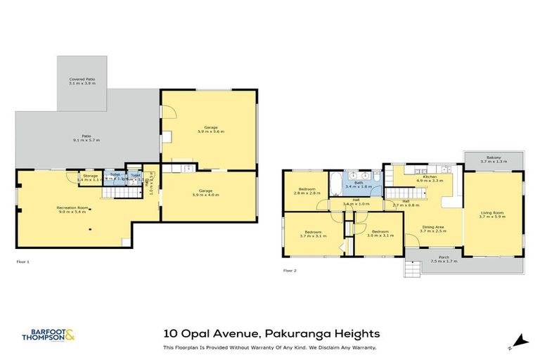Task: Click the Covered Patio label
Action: tap(82, 79)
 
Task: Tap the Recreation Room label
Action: tap(72, 207)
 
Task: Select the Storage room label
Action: tap(90, 176)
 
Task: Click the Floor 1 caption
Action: tap(22, 262)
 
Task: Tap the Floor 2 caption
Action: tap(290, 270)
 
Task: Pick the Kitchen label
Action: tap(430, 176)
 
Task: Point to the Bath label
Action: tap(359, 183)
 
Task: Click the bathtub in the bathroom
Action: tap(336, 184)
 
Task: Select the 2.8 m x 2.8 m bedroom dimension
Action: tap(307, 193)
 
